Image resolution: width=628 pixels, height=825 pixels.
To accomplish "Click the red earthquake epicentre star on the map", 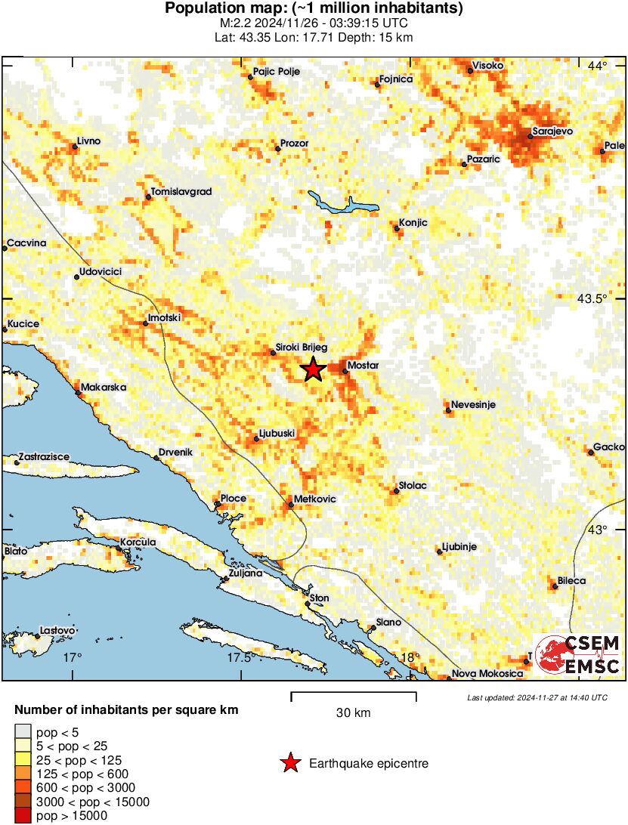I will coord(313,370).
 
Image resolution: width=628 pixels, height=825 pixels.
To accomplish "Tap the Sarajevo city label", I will coord(552,131).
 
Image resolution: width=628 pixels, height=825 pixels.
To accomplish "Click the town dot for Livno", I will coord(74,147).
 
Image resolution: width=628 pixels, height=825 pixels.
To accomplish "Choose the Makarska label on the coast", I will coord(104,388).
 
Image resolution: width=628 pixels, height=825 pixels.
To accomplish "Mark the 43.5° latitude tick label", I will coord(592,299).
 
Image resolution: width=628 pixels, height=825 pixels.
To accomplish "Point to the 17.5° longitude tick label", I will coord(240,657).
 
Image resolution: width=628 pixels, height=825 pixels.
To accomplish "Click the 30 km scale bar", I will coord(353,693).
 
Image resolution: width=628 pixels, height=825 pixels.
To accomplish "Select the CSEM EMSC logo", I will coord(579,654).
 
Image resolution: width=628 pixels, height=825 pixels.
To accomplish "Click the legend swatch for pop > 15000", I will coord(23,816).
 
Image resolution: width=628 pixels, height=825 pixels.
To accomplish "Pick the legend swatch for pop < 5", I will coord(23,731).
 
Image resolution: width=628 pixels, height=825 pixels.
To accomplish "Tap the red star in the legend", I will coord(290,764).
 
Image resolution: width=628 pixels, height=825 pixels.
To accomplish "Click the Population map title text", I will coord(314,9).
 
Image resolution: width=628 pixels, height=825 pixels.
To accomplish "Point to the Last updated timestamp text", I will coord(537,697).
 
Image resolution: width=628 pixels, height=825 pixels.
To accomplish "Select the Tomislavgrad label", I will coord(181,192).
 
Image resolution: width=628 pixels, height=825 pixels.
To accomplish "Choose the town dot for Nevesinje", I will coord(448,411).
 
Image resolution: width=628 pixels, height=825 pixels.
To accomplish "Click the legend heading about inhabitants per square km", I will coord(127,710).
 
